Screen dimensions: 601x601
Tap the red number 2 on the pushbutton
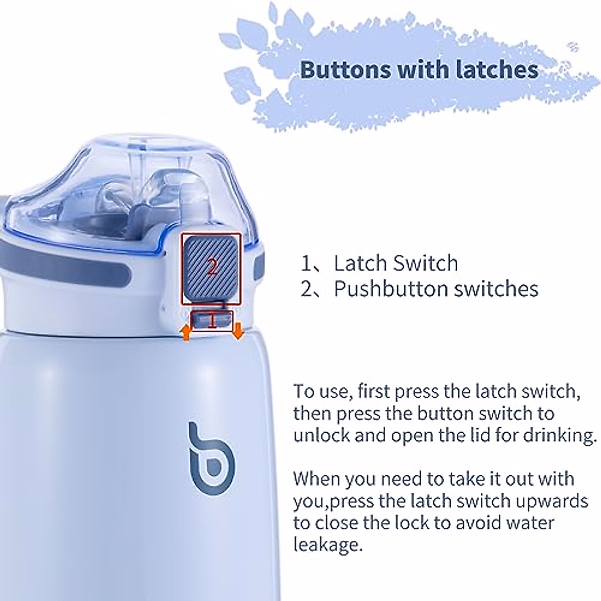pyautogui.click(x=212, y=267)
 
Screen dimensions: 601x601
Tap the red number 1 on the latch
pyautogui.click(x=212, y=320)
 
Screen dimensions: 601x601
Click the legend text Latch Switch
pyautogui.click(x=396, y=263)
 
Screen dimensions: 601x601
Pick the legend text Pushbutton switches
pyautogui.click(x=436, y=289)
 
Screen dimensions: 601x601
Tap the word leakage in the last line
pyautogui.click(x=328, y=544)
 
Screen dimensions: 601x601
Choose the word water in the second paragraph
pyautogui.click(x=531, y=523)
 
